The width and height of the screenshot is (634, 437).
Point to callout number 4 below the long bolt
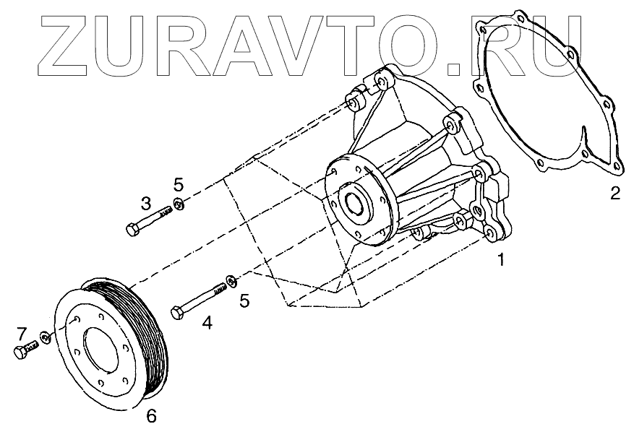coord(207,324)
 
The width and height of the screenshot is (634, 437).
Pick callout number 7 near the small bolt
coord(22,334)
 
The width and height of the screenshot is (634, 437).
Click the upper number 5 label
coord(179,184)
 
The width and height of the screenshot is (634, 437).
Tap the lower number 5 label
coord(244,300)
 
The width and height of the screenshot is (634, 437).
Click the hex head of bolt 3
coord(132,230)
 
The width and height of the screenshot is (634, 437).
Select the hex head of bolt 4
coord(177,313)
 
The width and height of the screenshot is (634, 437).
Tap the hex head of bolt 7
coord(19,353)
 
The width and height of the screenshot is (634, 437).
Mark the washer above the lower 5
coord(231,280)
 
